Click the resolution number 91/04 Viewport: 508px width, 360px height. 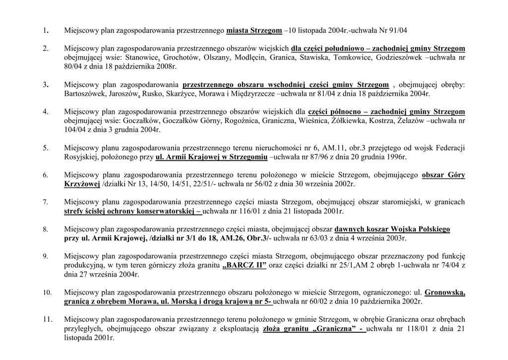coord(397,31)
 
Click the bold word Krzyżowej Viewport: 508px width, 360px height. coord(82,184)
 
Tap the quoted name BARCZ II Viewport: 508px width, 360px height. coord(245,266)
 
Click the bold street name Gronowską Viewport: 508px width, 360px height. coord(445,292)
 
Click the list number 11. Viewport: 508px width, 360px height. coord(47,320)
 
